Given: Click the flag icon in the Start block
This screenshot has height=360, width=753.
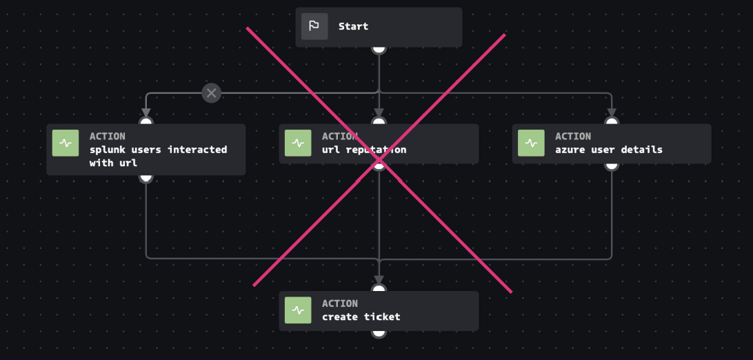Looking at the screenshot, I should coord(314,26).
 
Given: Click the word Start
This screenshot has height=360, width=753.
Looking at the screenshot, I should coord(353,26).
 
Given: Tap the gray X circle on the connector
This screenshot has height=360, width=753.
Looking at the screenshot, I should coord(212,92).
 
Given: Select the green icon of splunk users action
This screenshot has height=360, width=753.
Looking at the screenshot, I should coord(66,143).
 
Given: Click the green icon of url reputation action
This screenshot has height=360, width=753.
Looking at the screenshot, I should coord(298,143).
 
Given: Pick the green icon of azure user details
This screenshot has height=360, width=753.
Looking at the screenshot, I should coord(531,143).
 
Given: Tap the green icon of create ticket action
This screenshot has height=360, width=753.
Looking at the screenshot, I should coord(298,310).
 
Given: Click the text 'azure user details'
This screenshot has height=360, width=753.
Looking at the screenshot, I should coord(608,150).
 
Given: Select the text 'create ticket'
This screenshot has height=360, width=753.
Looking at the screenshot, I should coord(361,317).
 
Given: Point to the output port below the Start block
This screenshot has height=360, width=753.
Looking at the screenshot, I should coord(379,48).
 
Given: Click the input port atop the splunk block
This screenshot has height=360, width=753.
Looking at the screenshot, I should coord(145,123).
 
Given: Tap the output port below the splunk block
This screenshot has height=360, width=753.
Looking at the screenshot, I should coord(145,177).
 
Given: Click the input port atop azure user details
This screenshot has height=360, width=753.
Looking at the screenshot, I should coord(612,123).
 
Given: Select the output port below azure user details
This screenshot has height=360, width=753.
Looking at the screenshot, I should coord(612,164).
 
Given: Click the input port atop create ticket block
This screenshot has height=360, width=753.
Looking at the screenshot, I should coord(379,290).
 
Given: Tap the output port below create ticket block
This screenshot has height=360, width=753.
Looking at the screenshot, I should coord(379,332).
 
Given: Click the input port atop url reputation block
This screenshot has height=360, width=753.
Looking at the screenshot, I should coord(379,123).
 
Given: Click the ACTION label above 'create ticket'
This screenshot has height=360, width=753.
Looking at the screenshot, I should coord(340,303).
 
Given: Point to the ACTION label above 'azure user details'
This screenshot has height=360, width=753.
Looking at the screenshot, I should coord(573,137).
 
